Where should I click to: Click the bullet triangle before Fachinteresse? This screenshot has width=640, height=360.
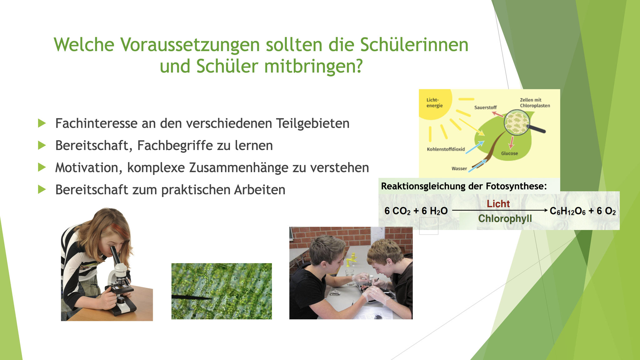[42, 123]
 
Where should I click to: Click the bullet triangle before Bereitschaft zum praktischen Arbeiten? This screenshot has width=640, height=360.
[42, 189]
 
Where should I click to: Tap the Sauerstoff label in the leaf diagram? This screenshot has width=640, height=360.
[485, 107]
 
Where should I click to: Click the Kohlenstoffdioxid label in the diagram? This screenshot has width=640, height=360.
[446, 149]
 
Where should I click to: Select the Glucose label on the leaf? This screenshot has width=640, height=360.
[509, 153]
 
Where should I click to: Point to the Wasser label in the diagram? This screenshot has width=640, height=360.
[459, 169]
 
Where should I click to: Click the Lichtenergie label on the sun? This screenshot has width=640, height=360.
[435, 103]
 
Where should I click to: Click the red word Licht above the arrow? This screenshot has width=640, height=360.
[498, 204]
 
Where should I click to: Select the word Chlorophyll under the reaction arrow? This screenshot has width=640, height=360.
[505, 218]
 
